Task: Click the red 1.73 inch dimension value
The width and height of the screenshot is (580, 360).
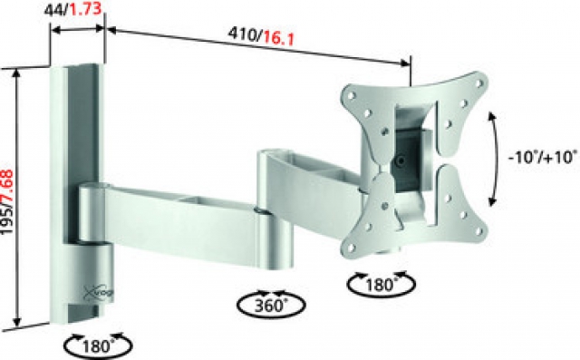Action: tap(86, 9)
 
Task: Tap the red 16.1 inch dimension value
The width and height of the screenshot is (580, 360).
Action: tap(279, 38)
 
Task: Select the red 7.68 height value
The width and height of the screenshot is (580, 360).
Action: tap(8, 189)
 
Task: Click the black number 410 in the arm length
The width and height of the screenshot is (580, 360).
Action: tap(244, 34)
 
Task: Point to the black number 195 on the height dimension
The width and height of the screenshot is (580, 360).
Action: tap(8, 222)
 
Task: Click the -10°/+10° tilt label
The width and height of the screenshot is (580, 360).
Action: tap(543, 157)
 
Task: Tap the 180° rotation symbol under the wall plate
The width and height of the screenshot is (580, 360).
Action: tap(98, 345)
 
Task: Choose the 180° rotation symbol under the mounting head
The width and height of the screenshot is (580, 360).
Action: tap(381, 284)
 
